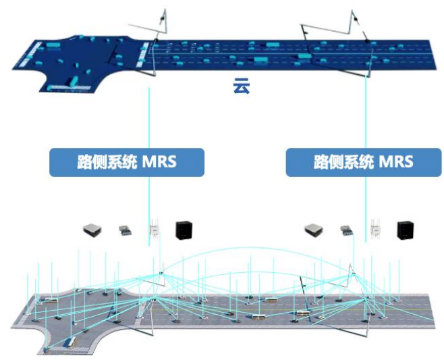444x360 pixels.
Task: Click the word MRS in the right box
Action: pos(393,163)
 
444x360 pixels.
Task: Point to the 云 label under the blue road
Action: pos(241,86)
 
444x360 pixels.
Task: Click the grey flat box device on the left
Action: pos(92,231)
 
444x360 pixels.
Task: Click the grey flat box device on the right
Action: pos(314,231)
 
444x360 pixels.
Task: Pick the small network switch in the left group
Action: pos(126,232)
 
